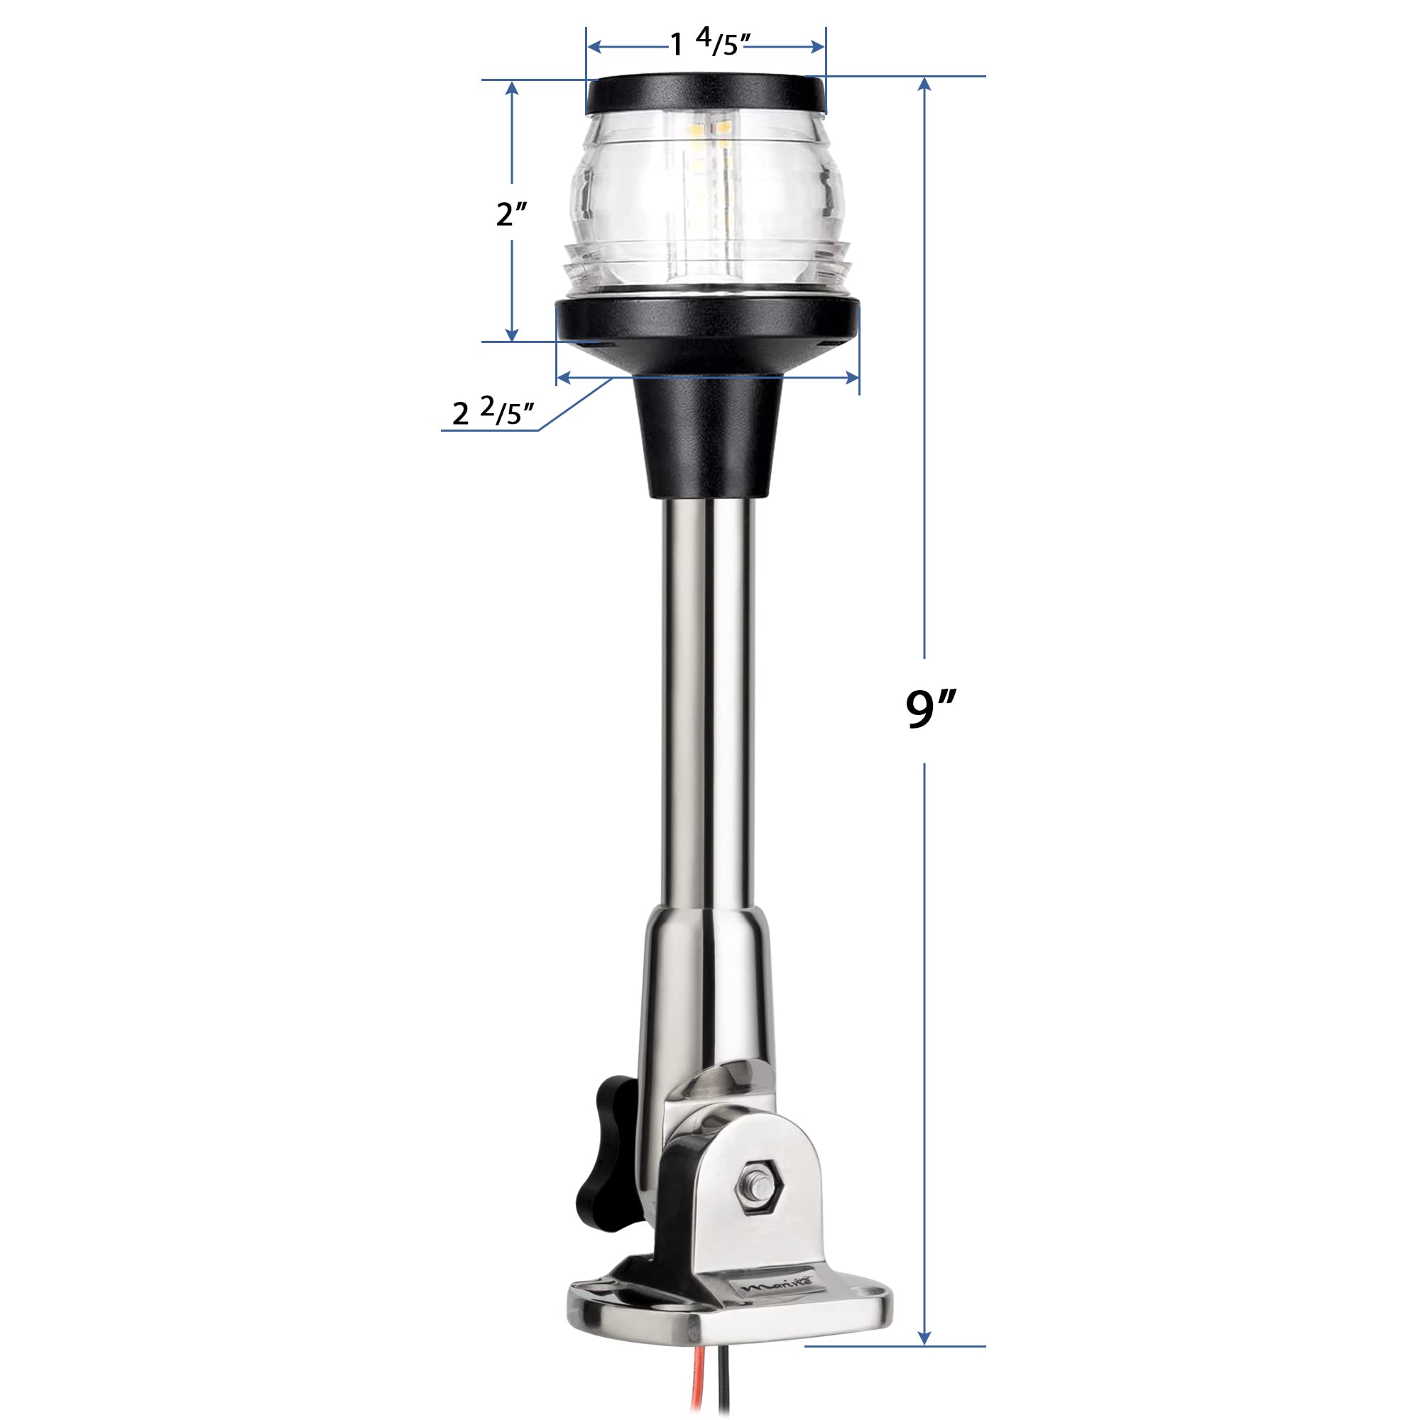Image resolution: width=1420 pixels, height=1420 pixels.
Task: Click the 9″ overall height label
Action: [930, 709]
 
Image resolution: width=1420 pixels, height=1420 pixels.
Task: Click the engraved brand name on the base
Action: [765, 1309]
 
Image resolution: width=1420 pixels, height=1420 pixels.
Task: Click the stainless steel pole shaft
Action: [708, 698]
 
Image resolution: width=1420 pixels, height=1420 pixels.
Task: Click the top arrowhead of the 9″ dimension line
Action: [925, 82]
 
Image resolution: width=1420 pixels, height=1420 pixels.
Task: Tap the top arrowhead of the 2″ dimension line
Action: [513, 87]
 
